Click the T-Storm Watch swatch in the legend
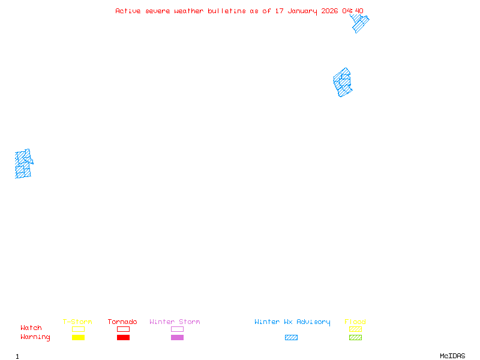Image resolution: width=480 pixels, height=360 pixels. [78, 329]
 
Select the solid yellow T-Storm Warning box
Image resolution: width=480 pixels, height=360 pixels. [78, 338]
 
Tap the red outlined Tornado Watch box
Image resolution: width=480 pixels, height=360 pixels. [123, 329]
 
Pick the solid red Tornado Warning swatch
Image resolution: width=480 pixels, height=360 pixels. [123, 338]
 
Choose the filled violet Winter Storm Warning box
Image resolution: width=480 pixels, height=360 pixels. [177, 338]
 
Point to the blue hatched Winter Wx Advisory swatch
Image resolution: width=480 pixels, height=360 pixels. [291, 338]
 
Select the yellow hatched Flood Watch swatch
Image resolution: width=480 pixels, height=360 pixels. [355, 329]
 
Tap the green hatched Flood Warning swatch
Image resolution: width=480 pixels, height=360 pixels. [355, 338]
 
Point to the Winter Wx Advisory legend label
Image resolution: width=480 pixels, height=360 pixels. [292, 322]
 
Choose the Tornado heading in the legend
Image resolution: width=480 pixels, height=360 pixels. [122, 322]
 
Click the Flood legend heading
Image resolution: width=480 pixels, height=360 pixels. [355, 322]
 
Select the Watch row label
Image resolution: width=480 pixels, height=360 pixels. [31, 328]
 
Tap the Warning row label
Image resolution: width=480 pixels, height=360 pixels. [35, 337]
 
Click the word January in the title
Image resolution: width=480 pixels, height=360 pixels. [303, 11]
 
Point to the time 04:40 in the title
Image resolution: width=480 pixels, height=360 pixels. [353, 11]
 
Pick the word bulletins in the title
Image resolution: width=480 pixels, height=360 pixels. [227, 11]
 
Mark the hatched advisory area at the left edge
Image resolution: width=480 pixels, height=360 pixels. [23, 164]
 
